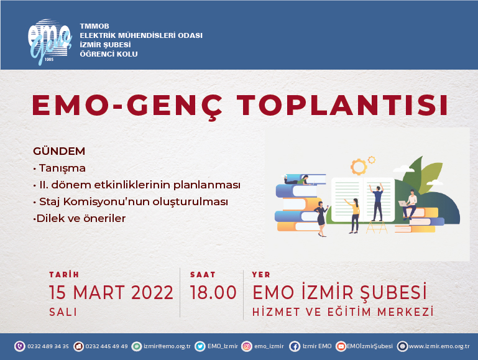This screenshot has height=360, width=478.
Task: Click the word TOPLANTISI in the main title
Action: pos(342,105)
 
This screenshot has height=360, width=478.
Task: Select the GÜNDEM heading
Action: pos(59,151)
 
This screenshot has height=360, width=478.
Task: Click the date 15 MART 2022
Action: pos(111,292)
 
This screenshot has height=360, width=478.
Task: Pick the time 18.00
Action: pos(213,292)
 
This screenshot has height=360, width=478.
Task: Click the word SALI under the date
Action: pos(63,312)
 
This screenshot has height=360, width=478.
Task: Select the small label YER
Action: pos(261,275)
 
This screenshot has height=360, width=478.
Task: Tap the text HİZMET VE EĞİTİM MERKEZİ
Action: pos(343,312)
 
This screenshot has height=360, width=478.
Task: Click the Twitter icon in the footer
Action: pos(200,346)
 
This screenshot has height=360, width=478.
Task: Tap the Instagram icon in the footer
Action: pos(247,346)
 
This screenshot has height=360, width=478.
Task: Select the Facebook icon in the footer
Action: pos(295,346)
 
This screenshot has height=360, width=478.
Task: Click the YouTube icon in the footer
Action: pos(341,346)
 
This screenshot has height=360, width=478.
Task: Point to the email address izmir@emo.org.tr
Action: pos(167,346)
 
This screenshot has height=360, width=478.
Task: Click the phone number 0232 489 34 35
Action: pos(48,346)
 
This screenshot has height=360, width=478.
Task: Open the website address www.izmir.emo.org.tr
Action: pos(439,346)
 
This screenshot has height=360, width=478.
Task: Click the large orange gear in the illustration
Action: pos(359,167)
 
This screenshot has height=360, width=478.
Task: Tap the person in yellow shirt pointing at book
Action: pos(354,216)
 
